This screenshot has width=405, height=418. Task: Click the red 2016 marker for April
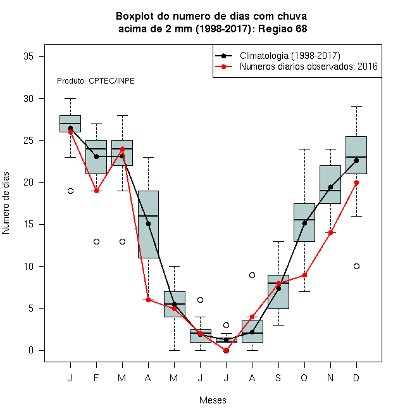click(x=148, y=300)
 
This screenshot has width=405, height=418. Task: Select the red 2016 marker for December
click(x=356, y=182)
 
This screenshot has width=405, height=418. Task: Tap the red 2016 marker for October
click(x=304, y=275)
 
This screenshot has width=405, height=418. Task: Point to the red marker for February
click(x=96, y=191)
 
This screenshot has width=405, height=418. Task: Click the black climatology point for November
click(x=330, y=187)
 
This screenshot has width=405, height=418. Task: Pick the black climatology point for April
click(x=148, y=224)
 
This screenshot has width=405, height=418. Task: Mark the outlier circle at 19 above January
click(x=70, y=191)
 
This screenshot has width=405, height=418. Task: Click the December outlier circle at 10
click(x=356, y=266)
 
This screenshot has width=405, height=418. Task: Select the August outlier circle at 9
click(x=252, y=275)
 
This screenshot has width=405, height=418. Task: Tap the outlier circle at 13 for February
click(x=96, y=241)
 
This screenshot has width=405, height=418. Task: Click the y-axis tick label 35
click(x=28, y=56)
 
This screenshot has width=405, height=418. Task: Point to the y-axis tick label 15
click(x=28, y=224)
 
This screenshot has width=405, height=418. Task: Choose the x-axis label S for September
click(x=278, y=377)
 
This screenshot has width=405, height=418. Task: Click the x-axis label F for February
click(x=96, y=377)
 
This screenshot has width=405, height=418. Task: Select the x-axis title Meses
click(x=213, y=400)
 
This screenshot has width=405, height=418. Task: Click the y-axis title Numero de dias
click(x=6, y=203)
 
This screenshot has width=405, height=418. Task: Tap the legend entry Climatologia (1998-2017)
click(x=290, y=56)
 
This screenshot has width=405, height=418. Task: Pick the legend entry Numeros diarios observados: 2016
click(x=309, y=66)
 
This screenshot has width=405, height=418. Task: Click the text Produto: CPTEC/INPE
click(x=96, y=81)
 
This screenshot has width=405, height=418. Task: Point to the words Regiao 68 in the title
click(x=282, y=28)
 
